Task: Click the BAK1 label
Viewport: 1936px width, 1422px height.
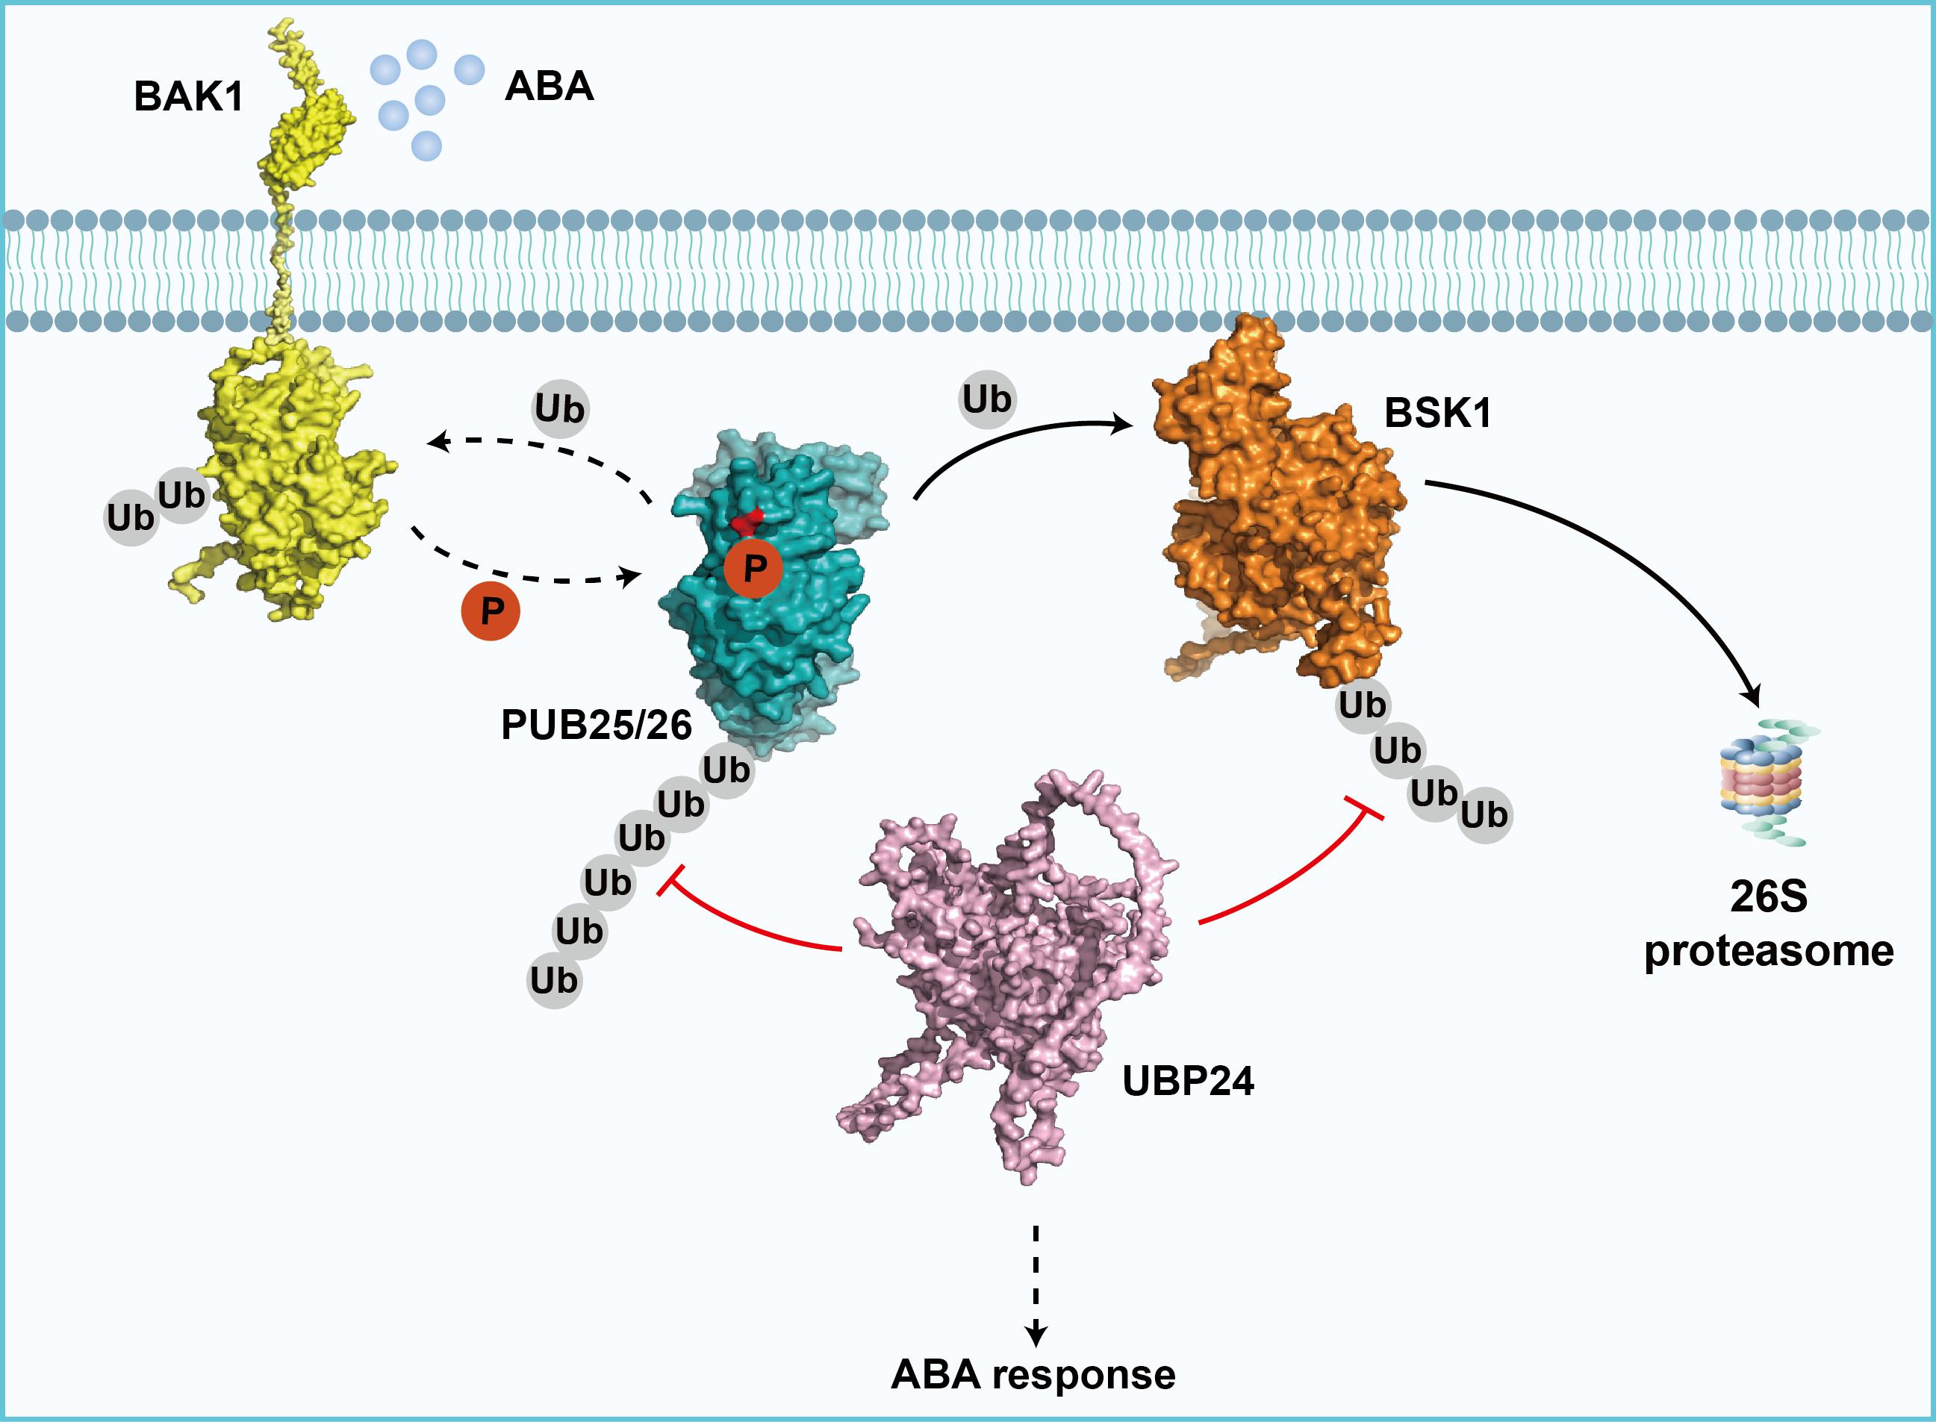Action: click(x=188, y=96)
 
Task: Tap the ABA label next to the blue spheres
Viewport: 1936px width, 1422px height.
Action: click(x=550, y=86)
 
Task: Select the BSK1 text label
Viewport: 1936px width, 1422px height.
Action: click(x=1437, y=414)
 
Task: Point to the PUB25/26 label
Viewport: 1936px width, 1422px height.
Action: click(x=596, y=726)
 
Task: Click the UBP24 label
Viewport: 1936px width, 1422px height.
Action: click(x=1188, y=1080)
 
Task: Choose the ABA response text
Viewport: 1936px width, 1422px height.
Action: click(x=1033, y=1375)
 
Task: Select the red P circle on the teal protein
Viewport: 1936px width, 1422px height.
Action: click(x=753, y=567)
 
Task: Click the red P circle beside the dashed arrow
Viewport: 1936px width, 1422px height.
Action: click(x=491, y=611)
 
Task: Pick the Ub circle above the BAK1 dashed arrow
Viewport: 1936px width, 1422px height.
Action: click(x=559, y=409)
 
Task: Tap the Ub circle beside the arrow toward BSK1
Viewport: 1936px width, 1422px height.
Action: click(x=987, y=399)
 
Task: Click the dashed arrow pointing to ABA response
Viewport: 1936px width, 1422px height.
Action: click(x=1036, y=1282)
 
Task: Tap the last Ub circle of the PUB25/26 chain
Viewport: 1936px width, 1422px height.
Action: click(x=553, y=980)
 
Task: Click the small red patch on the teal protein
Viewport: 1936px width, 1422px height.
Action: click(x=747, y=521)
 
